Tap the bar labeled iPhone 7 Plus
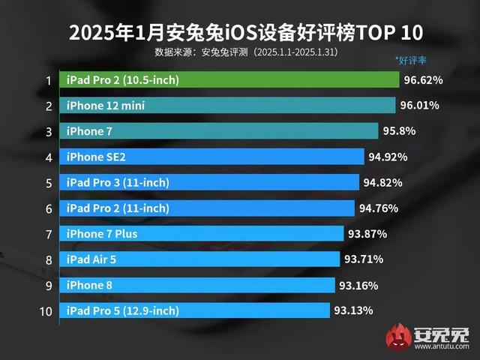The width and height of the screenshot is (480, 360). pyautogui.click(x=203, y=234)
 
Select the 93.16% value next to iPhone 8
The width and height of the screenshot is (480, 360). pyautogui.click(x=358, y=285)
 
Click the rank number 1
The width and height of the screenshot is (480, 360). pyautogui.click(x=49, y=80)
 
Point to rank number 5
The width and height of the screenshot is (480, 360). pyautogui.click(x=49, y=183)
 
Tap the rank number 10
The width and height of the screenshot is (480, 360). pyautogui.click(x=46, y=310)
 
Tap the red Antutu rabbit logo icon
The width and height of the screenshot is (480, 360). pyautogui.click(x=397, y=340)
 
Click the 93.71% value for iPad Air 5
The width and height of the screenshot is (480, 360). pyautogui.click(x=363, y=259)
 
